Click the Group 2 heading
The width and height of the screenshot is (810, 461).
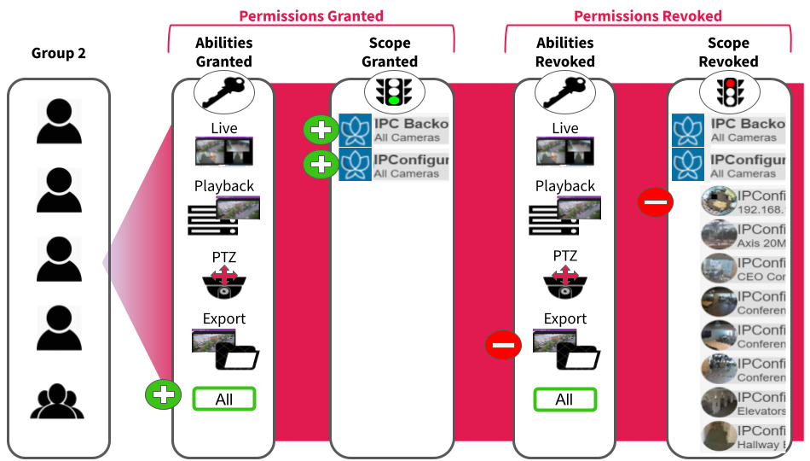(59, 53)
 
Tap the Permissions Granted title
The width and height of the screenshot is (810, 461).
(311, 15)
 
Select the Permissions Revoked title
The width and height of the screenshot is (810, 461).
(647, 15)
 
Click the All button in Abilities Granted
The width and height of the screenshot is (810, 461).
(224, 399)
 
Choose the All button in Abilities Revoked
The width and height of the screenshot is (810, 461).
(564, 399)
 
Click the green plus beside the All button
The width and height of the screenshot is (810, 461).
(163, 395)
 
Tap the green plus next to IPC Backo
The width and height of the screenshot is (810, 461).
(321, 130)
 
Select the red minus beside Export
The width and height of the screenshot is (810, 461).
(503, 345)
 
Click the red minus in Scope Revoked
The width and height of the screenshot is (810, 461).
(657, 202)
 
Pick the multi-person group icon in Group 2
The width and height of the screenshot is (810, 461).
(58, 400)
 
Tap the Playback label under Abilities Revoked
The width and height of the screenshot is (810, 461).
(564, 186)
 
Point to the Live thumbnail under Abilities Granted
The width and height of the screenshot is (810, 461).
(223, 152)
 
